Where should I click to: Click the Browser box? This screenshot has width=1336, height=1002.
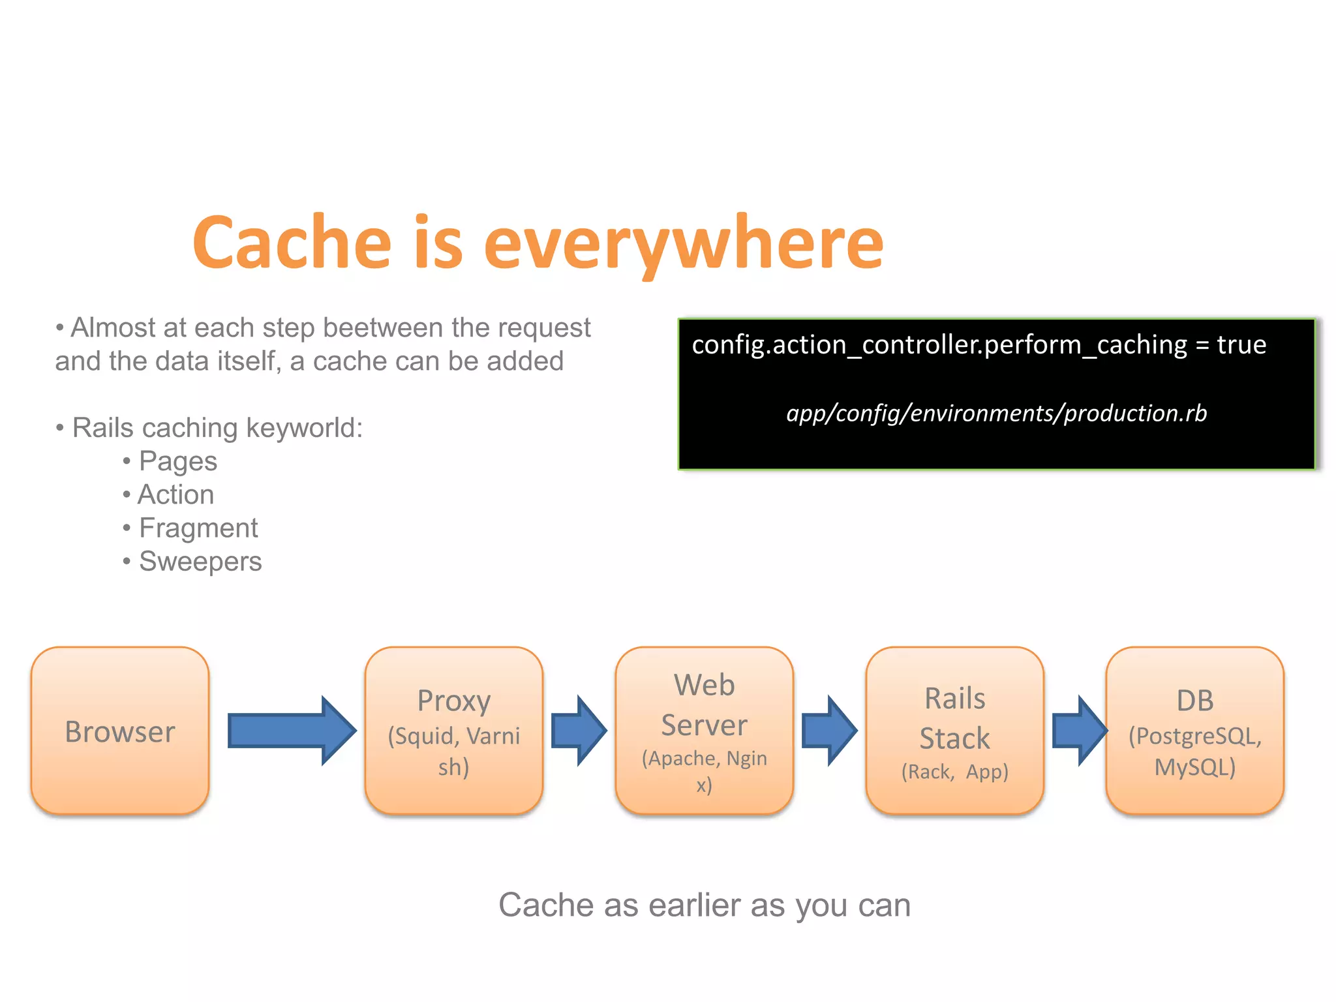pos(120,731)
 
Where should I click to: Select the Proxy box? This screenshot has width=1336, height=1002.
pos(454,731)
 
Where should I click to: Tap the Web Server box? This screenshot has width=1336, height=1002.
pos(705,731)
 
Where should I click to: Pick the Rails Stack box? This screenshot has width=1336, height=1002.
pos(954,731)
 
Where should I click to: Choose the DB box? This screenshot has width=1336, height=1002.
pos(1194,731)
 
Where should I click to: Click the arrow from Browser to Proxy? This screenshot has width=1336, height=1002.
pos(290,731)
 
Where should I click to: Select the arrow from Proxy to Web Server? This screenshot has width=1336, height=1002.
pos(578,731)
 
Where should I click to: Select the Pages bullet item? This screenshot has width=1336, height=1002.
pos(177,462)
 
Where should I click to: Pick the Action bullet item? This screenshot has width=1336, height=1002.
pos(175,494)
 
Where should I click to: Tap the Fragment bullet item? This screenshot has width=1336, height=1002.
pos(198,528)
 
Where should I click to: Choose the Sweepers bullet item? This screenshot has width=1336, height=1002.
pos(200,562)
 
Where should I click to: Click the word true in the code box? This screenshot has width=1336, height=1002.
pos(1241,344)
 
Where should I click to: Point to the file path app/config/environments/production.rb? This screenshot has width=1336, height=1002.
pos(996,414)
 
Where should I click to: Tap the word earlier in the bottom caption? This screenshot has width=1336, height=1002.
pos(694,905)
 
